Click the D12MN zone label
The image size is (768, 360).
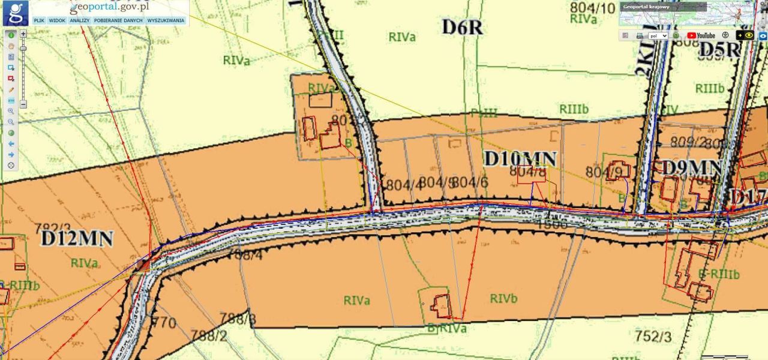[x=77, y=239]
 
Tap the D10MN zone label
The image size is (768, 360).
[x=520, y=159]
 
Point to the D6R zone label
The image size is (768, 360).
[x=462, y=27]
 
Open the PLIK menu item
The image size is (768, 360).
[x=40, y=20]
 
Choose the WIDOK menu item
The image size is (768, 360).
[x=57, y=20]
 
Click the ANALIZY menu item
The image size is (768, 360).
[x=79, y=20]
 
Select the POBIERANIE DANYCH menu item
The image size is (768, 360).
[x=118, y=20]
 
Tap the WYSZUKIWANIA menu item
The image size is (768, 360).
[x=166, y=20]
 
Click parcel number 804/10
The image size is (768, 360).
[x=593, y=8]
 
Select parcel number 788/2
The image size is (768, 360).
[x=208, y=335]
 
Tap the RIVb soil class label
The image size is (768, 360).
[x=503, y=299]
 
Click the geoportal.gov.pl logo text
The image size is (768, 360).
[x=109, y=8]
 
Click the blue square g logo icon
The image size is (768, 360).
[x=16, y=13]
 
